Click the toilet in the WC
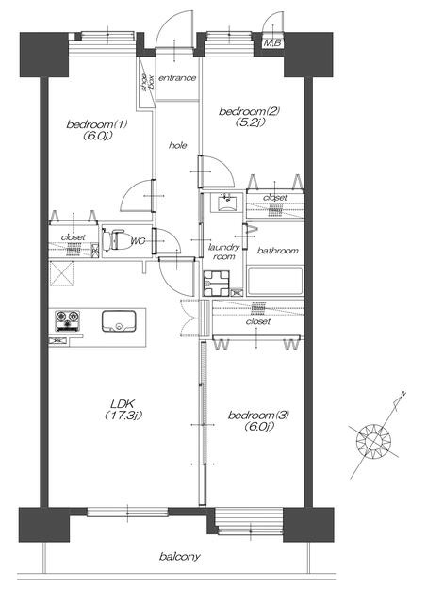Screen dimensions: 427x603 click(115, 239)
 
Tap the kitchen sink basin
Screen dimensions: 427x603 click(119, 320)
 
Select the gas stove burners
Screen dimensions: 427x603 click(67, 320)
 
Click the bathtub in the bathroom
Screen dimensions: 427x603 click(275, 281)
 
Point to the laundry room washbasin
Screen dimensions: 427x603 click(227, 203)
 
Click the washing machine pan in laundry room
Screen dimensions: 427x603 click(216, 284)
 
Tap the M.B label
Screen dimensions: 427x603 click(272, 43)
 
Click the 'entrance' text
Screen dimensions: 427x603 click(177, 78)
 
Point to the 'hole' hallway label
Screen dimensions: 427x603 click(178, 145)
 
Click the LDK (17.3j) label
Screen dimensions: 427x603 click(123, 410)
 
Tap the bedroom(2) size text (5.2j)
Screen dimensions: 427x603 click(250, 122)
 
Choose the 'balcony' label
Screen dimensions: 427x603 click(180, 557)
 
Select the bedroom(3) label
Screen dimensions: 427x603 click(258, 416)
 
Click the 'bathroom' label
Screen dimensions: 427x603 click(277, 251)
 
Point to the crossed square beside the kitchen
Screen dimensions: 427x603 click(61, 273)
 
